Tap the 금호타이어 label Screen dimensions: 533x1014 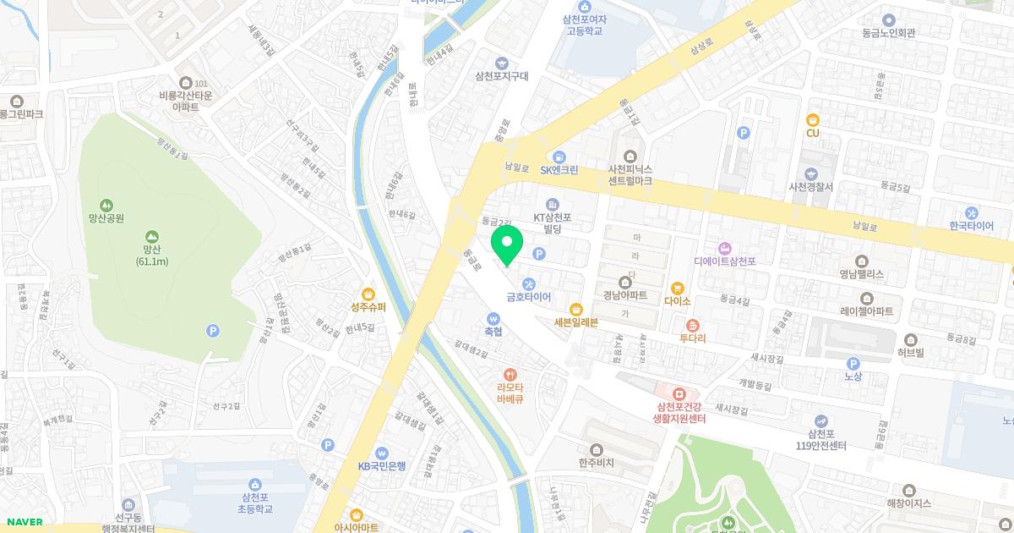pyautogui.click(x=528, y=298)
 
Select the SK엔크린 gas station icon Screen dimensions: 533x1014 pyautogui.click(x=559, y=157)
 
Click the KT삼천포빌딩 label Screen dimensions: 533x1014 pyautogui.click(x=553, y=223)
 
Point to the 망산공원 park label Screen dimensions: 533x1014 pyautogui.click(x=106, y=218)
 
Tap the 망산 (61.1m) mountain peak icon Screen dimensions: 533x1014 pyautogui.click(x=151, y=236)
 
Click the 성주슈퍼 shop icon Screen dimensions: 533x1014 pyautogui.click(x=368, y=293)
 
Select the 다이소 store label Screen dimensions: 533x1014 pyautogui.click(x=678, y=300)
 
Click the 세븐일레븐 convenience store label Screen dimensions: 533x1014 pyautogui.click(x=576, y=322)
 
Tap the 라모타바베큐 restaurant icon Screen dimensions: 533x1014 pyautogui.click(x=510, y=374)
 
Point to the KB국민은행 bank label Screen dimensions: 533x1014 pyautogui.click(x=382, y=465)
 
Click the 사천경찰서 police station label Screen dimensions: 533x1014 pyautogui.click(x=810, y=186)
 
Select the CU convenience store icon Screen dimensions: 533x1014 pyautogui.click(x=813, y=119)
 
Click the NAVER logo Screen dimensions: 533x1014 pyautogui.click(x=25, y=522)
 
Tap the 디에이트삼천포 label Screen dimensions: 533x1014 pyautogui.click(x=724, y=261)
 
